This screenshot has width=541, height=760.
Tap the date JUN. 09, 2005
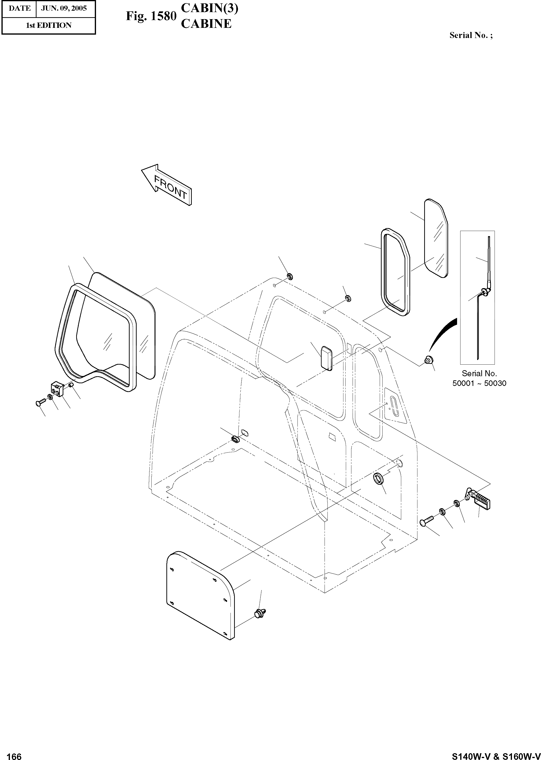pyautogui.click(x=64, y=8)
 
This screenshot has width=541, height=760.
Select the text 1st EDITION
pyautogui.click(x=49, y=25)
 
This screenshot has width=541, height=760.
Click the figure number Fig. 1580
pyautogui.click(x=151, y=16)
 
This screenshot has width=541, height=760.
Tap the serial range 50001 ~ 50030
pyautogui.click(x=479, y=383)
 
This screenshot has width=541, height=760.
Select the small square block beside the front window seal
pyautogui.click(x=57, y=389)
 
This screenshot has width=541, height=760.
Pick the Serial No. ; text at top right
pyautogui.click(x=471, y=35)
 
